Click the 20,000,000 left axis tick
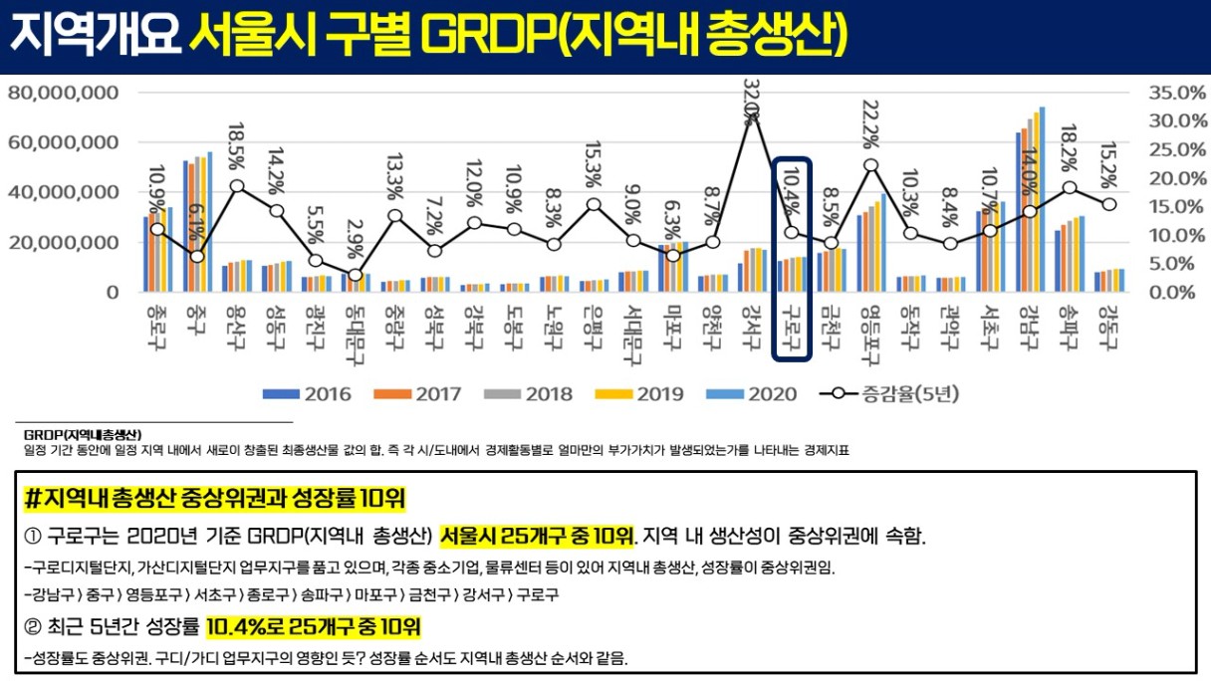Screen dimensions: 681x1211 pos(64,242)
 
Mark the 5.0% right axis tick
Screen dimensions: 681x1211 pos(1167,264)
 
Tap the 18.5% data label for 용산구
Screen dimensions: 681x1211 pos(236,146)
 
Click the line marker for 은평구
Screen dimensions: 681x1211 pos(594,205)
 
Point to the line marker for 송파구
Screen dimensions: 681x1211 pos(1070,187)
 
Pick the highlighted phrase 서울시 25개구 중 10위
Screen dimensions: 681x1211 pos(537,537)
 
